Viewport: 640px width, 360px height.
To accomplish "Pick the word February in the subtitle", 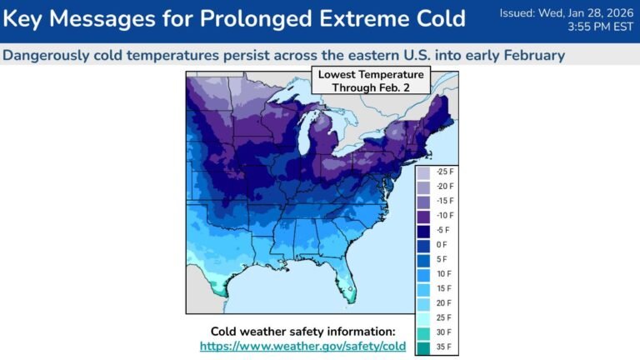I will (x=530, y=55).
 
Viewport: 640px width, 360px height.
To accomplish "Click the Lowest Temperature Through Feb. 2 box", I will (x=371, y=81).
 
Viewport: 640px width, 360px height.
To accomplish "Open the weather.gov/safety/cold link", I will (x=302, y=346).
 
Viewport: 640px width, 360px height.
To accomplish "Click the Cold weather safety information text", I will (x=302, y=331).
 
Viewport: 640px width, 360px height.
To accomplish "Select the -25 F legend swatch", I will (x=424, y=172).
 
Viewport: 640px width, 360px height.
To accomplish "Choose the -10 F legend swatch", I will (x=424, y=216).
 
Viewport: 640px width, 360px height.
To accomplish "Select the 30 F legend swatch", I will (x=424, y=332).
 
